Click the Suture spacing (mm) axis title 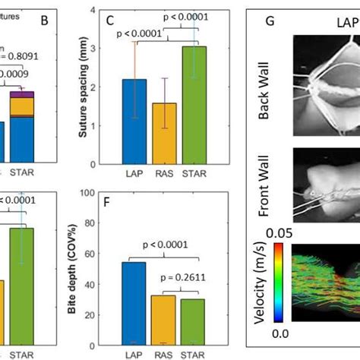click(x=85, y=87)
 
